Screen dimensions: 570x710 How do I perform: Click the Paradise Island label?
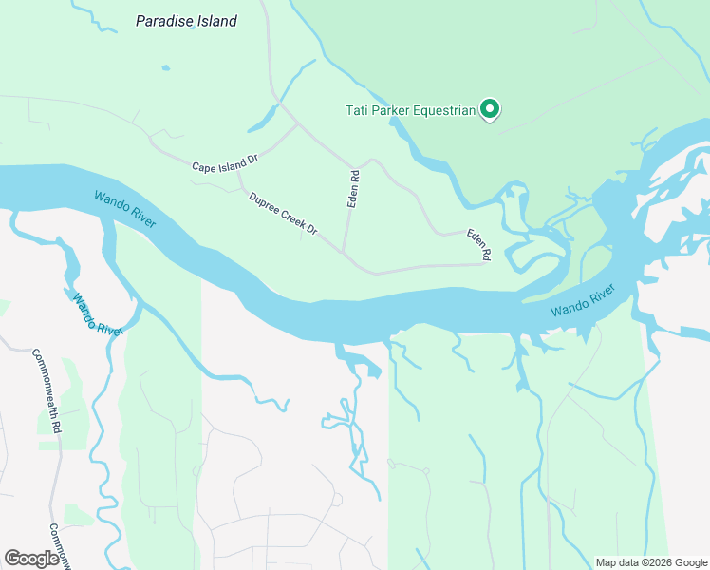[x=186, y=21]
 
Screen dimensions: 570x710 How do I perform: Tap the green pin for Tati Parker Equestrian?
[x=490, y=110]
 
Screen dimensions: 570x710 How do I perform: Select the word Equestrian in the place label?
[x=439, y=111]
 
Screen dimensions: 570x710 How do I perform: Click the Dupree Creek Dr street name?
[x=283, y=216]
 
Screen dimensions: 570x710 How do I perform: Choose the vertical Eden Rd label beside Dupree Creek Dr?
[x=353, y=189]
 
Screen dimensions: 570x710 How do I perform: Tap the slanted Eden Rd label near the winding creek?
[x=478, y=244]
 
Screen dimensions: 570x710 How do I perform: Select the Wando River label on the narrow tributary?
[x=96, y=313]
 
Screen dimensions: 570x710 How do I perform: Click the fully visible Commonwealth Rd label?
[x=46, y=391]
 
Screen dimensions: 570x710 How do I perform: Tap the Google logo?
[x=31, y=559]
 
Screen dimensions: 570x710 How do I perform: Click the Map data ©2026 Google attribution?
[x=651, y=562]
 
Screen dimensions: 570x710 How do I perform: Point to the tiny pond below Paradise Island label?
[x=165, y=67]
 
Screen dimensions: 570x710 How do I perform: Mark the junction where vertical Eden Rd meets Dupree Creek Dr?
[x=343, y=253]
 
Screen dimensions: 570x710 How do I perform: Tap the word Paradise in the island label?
[x=167, y=21]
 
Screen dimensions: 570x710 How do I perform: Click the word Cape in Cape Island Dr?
[x=203, y=167]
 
